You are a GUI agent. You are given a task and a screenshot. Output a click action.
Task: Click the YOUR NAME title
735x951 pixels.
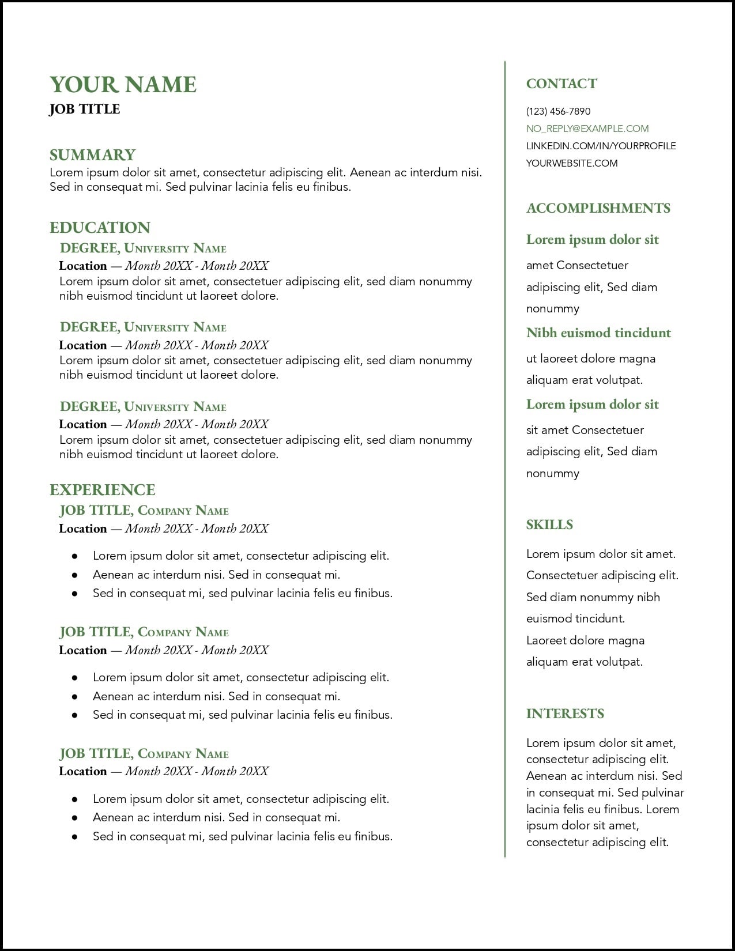tap(123, 85)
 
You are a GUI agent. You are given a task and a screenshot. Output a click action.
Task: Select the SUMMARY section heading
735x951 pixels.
tap(92, 155)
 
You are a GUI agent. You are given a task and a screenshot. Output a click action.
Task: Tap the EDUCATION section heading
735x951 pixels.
tap(100, 228)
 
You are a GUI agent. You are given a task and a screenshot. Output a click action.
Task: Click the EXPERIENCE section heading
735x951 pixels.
tap(102, 490)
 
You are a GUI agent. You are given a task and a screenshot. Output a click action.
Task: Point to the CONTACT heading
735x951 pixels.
tap(561, 84)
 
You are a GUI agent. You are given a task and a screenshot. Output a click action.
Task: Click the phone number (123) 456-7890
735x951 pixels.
tap(558, 111)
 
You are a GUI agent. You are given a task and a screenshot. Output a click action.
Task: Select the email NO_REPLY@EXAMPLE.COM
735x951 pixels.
tap(587, 129)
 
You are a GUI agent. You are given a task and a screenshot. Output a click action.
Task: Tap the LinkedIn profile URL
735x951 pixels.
tap(601, 146)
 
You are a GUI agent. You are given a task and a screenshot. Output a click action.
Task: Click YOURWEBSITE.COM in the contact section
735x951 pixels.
tap(571, 163)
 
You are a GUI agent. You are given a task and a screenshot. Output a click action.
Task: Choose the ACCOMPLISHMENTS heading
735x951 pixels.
tap(598, 209)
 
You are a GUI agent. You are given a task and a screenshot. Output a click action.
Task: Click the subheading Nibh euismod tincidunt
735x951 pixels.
tap(598, 333)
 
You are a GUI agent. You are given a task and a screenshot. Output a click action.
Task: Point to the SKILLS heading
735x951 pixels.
tap(549, 525)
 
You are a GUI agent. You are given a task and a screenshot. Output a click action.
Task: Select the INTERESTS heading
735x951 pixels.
tap(565, 714)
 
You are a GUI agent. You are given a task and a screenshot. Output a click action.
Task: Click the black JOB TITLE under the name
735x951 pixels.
tap(84, 110)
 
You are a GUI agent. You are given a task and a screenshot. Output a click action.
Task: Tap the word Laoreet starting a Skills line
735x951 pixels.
tap(546, 640)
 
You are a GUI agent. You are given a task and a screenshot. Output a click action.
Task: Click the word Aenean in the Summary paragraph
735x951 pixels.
tap(369, 172)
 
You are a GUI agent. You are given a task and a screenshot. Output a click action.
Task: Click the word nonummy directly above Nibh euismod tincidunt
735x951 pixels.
tap(552, 309)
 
